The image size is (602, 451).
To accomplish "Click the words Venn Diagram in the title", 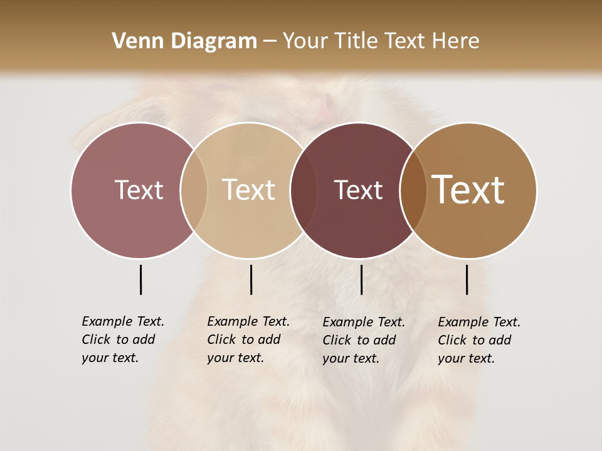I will [x=184, y=41].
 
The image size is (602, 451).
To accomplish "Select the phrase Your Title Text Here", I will [x=381, y=41].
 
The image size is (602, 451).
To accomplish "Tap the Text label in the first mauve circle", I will [x=139, y=190].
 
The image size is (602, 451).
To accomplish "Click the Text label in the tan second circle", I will [x=248, y=190].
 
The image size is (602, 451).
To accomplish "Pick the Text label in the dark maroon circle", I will [x=358, y=190].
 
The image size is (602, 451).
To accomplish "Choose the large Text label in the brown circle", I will [x=468, y=190].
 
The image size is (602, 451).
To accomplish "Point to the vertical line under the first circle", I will [x=140, y=279].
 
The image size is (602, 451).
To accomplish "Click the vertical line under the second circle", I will [x=251, y=279].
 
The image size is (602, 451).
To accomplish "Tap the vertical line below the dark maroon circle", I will [x=361, y=279].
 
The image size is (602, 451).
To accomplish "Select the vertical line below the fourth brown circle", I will [x=467, y=279].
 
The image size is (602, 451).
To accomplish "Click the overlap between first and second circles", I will [x=194, y=190].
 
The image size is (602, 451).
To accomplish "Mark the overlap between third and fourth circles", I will [x=413, y=190].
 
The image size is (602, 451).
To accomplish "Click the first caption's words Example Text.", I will [x=123, y=321].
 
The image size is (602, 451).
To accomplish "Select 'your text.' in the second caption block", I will [x=235, y=358].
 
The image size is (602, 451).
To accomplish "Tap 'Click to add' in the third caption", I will [x=359, y=340].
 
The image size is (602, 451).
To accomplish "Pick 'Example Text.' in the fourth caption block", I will [x=479, y=322].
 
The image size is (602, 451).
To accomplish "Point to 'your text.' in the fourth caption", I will [x=466, y=358].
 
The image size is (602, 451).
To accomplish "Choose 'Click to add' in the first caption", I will [x=119, y=340].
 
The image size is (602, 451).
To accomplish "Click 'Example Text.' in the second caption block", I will [x=248, y=321].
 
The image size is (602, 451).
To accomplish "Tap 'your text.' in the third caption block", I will [x=351, y=358].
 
